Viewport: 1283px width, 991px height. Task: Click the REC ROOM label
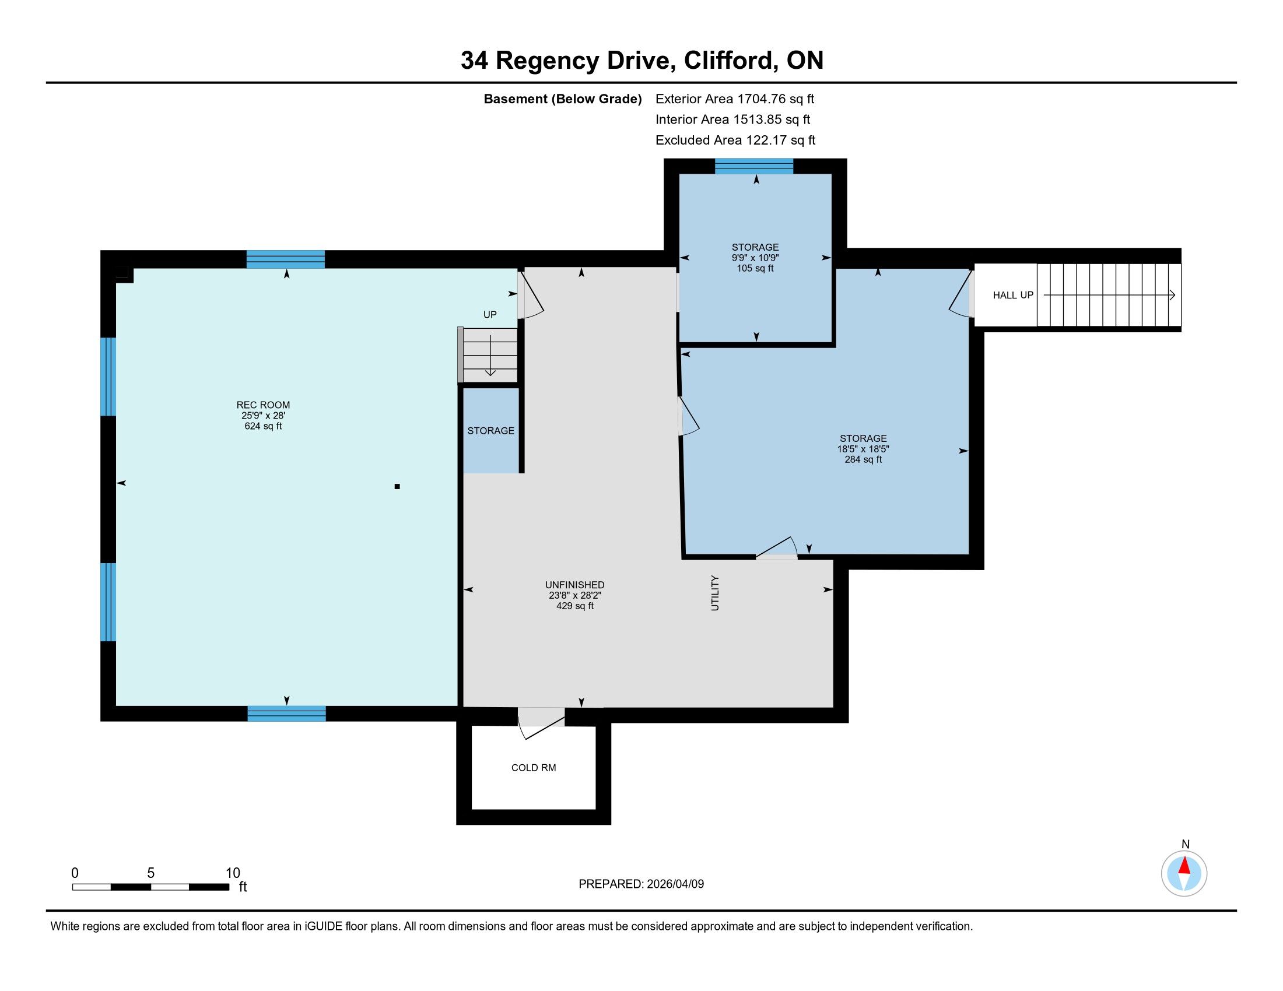click(263, 405)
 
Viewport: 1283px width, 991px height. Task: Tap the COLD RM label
click(534, 767)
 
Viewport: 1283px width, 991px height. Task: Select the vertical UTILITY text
click(715, 593)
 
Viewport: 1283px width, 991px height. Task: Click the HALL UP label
click(1013, 296)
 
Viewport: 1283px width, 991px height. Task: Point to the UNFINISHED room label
click(574, 585)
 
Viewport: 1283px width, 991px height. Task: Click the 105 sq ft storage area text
click(755, 268)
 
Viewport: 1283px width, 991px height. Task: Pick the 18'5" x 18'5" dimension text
click(863, 449)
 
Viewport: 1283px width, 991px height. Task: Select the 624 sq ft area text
click(263, 426)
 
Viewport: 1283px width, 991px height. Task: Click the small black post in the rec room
click(397, 486)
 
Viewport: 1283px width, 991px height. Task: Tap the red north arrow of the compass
click(1184, 865)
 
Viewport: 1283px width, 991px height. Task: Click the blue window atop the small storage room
click(753, 166)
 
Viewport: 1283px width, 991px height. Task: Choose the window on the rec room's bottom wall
click(287, 714)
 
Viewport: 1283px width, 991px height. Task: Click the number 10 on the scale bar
click(233, 873)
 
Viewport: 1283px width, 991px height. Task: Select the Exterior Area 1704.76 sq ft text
click(735, 99)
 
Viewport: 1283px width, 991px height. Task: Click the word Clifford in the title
click(728, 60)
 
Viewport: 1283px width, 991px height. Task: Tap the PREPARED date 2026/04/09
click(675, 884)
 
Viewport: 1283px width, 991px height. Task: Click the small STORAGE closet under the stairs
click(491, 430)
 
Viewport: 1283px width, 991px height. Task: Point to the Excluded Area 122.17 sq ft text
click(735, 140)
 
